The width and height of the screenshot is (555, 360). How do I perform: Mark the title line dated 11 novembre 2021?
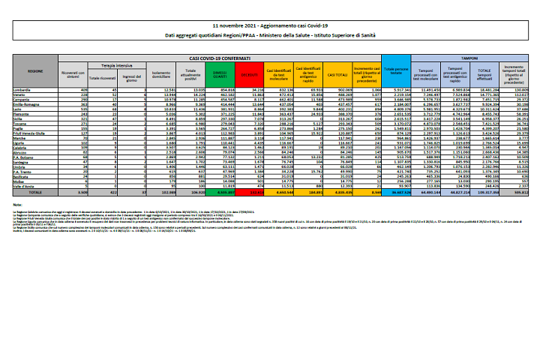[x=277, y=25]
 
